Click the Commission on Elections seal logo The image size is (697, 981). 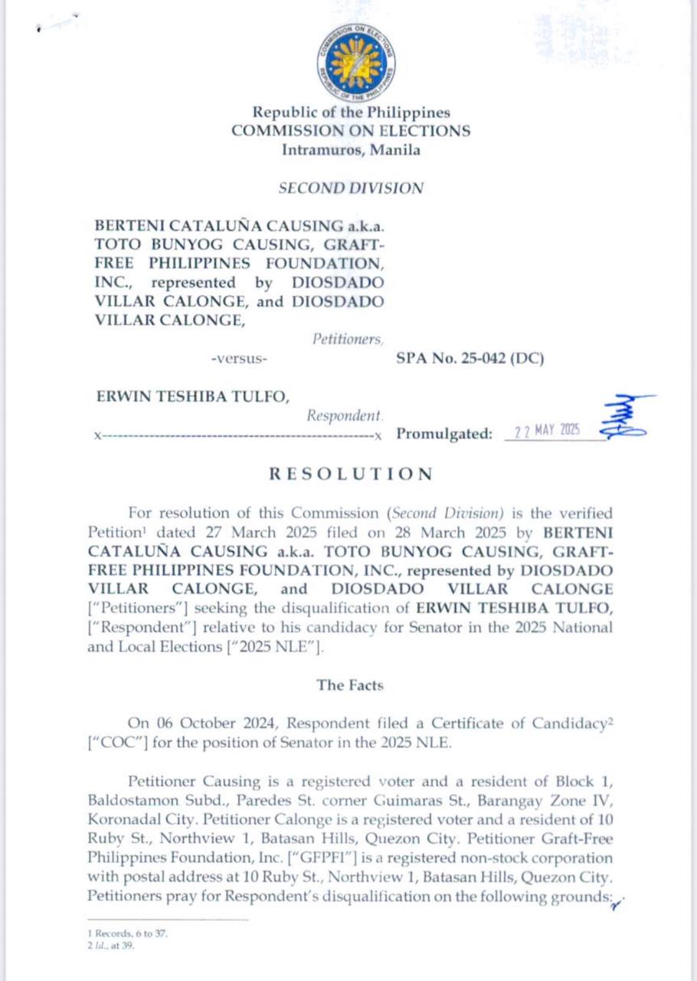click(356, 60)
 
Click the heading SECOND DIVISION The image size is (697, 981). click(351, 188)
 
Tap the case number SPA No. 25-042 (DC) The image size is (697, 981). click(470, 357)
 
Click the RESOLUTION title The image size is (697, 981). click(351, 474)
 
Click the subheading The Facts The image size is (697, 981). click(350, 685)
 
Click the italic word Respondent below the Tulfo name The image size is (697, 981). click(345, 415)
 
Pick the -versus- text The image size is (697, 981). click(240, 358)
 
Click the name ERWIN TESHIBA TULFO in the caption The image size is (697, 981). click(192, 396)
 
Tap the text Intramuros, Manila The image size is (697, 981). click(351, 150)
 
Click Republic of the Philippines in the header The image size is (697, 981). click(352, 113)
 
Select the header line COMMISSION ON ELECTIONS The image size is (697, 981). click(352, 131)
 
